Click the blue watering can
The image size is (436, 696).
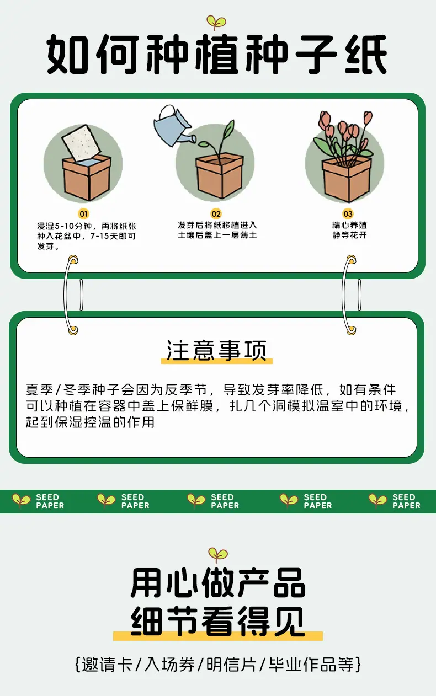[173, 127]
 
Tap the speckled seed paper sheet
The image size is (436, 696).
[82, 142]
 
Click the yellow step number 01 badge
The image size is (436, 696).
[83, 214]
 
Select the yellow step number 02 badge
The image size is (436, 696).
[216, 214]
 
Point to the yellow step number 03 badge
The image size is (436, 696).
[348, 214]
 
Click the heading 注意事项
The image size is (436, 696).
[216, 350]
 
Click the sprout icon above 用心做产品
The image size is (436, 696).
[217, 555]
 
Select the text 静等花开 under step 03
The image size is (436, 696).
[349, 235]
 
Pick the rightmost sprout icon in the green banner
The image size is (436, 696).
[377, 501]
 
